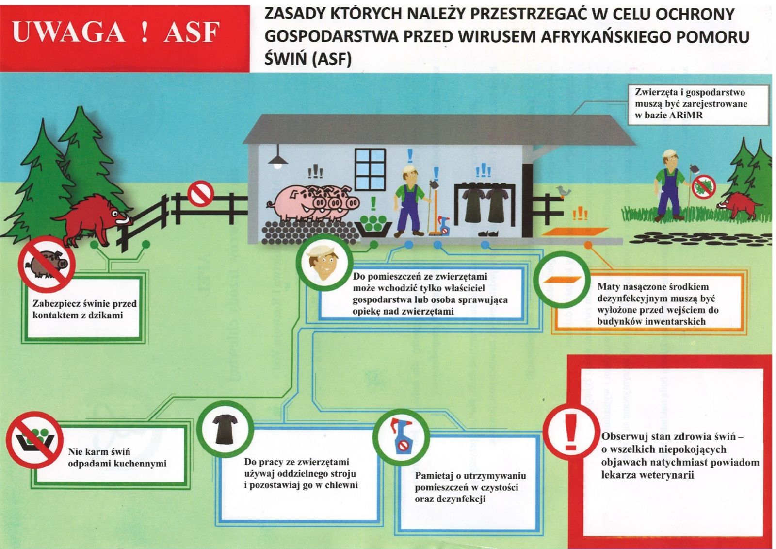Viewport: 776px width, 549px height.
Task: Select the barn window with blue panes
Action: point(370,169)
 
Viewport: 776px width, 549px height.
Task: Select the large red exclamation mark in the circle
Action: point(570,432)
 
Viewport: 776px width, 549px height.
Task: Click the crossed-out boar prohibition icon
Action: point(47,265)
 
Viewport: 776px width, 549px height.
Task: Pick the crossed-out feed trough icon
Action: point(35,440)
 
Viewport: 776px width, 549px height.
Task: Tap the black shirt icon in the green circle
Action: point(226,429)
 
